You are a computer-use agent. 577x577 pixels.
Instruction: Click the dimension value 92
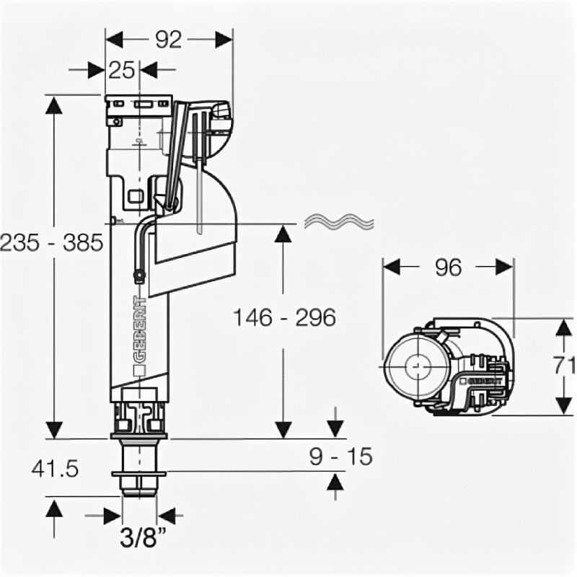pos(169,41)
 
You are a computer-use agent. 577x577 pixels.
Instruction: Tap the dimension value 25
pos(123,71)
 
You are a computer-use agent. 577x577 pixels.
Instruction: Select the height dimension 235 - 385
pos(50,244)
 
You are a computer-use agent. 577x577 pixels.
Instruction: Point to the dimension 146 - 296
pos(284,317)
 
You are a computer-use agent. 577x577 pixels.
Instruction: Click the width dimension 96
pos(447,268)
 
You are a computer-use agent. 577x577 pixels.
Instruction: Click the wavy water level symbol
pos(339,221)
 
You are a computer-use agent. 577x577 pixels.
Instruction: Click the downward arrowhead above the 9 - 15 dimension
pos(335,427)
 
